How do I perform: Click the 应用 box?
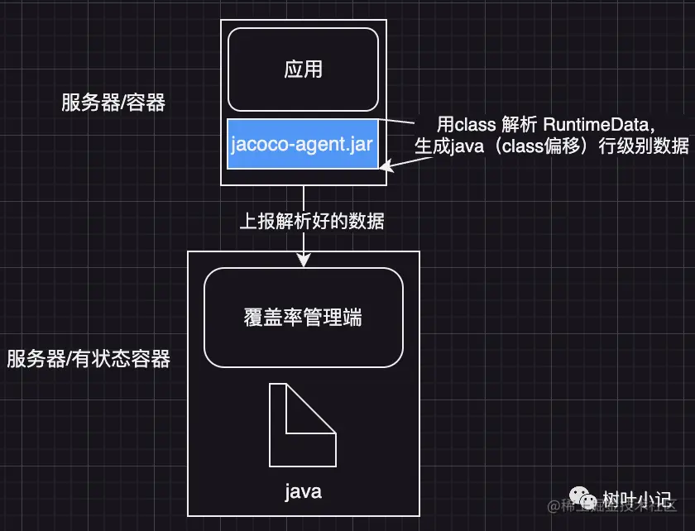click(303, 69)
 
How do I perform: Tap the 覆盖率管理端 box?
click(303, 318)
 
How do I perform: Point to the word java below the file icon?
click(303, 492)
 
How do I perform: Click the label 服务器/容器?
click(113, 103)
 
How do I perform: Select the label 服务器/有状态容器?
click(89, 359)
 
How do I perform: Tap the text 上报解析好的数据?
click(312, 221)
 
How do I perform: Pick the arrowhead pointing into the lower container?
click(304, 260)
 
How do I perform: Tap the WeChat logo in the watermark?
click(588, 500)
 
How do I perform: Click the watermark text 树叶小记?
click(636, 500)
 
